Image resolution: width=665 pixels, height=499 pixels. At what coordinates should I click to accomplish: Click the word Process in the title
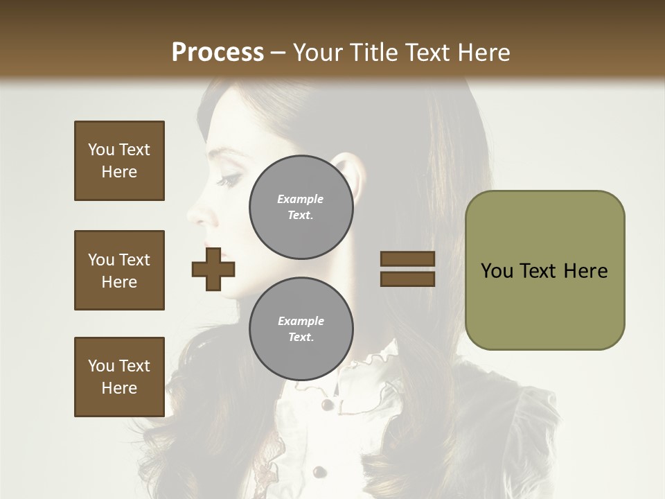point(218,53)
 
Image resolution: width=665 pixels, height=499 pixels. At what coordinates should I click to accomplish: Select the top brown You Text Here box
point(119,161)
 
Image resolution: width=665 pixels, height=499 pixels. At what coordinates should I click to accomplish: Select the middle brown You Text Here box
point(119,270)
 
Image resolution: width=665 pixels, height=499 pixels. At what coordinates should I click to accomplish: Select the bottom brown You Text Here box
point(119,376)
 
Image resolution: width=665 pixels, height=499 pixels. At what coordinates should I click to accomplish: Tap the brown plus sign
point(213,269)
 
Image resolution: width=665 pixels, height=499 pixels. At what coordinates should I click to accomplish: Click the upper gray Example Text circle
point(301,207)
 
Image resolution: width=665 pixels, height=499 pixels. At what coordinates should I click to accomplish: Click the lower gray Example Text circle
point(301,329)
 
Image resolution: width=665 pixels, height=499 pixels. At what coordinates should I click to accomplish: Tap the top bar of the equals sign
point(407,259)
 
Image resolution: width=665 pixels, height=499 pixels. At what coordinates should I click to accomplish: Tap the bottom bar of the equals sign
point(407,279)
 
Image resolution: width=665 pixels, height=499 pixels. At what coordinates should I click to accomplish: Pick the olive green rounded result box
point(544,270)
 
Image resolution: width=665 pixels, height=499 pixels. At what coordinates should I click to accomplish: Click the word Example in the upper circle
point(301,200)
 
